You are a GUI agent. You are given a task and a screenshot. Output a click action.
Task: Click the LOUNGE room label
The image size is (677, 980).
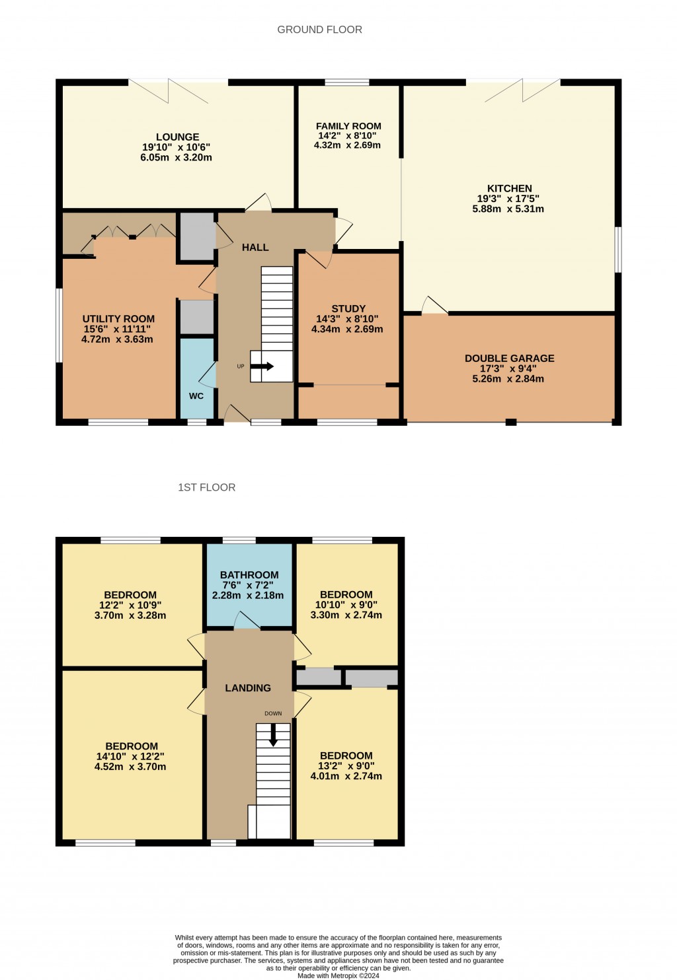(x=177, y=137)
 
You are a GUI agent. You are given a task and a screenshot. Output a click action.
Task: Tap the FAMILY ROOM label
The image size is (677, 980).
(x=348, y=126)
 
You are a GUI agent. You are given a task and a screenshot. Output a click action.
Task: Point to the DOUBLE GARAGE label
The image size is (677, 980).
(x=509, y=359)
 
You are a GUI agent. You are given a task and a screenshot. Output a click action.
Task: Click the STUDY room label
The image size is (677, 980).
(x=348, y=308)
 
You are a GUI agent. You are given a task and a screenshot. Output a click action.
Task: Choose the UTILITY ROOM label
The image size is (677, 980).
(x=118, y=319)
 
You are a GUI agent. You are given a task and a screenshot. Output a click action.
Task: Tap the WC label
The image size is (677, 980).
(x=196, y=396)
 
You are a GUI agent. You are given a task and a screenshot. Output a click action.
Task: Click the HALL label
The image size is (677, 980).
(x=255, y=247)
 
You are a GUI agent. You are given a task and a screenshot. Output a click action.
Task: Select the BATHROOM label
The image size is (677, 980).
(x=249, y=575)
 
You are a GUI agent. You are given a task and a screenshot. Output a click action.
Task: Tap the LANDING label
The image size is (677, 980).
(x=248, y=688)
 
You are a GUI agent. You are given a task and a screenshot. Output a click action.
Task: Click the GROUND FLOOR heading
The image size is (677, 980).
(x=319, y=30)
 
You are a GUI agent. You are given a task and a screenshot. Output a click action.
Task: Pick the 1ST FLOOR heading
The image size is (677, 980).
(x=206, y=487)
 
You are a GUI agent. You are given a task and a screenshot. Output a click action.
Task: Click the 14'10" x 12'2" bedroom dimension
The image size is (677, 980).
(x=130, y=757)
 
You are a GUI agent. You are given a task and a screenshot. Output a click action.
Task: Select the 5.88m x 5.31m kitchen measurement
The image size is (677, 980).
(x=508, y=209)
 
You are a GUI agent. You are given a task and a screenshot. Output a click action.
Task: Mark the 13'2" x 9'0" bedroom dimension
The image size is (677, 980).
(x=346, y=766)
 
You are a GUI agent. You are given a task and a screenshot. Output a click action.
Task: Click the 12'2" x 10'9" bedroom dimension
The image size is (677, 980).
(x=130, y=605)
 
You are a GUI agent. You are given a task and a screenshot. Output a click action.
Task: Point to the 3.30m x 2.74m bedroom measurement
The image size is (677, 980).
(x=346, y=615)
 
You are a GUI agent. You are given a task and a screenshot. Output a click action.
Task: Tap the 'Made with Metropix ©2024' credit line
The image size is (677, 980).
(x=338, y=975)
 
